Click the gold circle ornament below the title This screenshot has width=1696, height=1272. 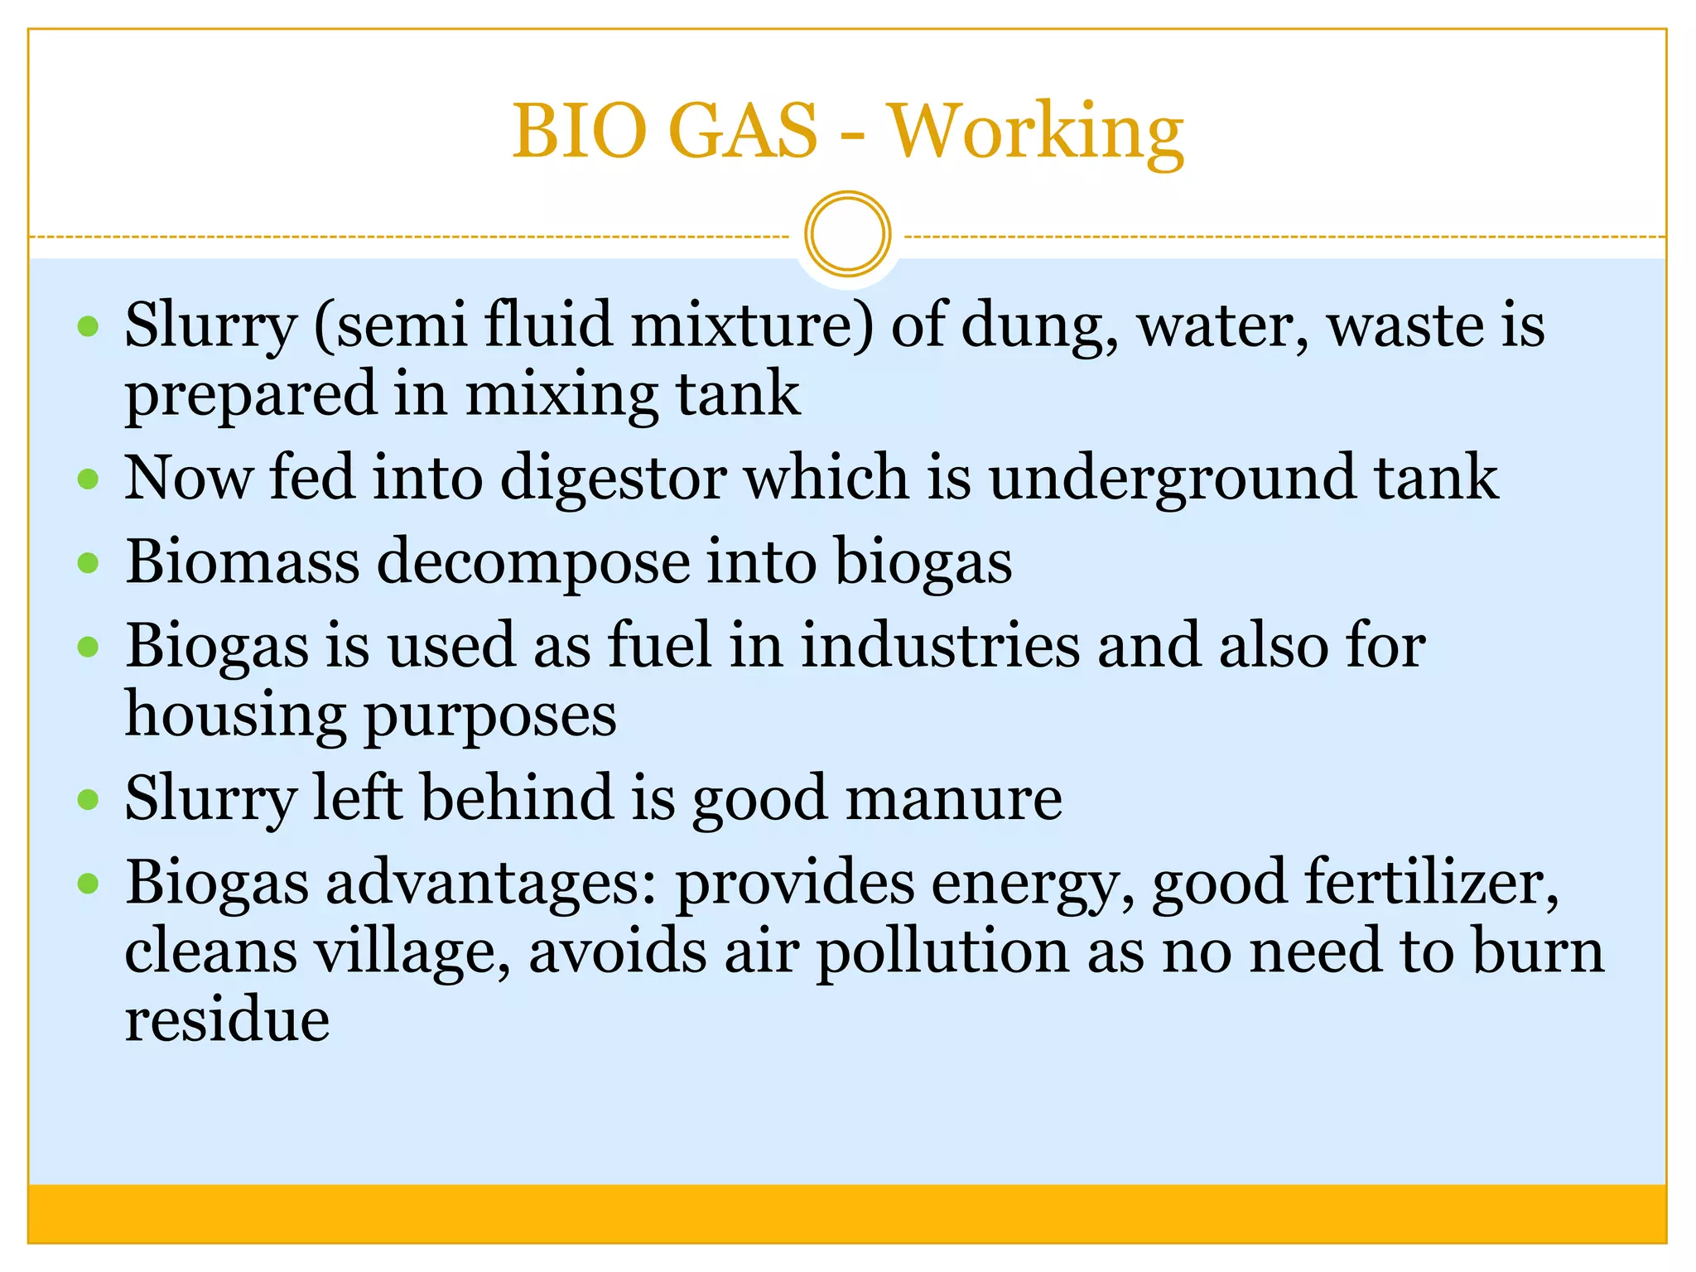[847, 234]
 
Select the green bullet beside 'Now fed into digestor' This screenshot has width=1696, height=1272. [88, 479]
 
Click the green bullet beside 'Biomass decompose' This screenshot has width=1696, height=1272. [88, 563]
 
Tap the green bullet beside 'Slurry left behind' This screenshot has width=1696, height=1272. [88, 799]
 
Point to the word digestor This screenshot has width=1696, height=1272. [614, 478]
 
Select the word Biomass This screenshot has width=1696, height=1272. [243, 562]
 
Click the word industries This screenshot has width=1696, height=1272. [940, 645]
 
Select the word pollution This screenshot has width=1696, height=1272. [942, 953]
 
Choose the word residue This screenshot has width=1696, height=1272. [227, 1019]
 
